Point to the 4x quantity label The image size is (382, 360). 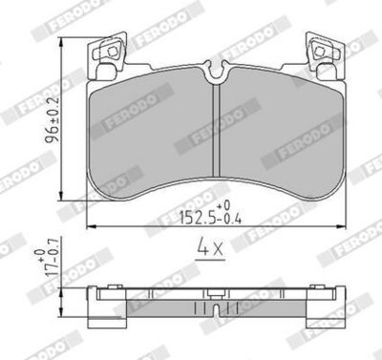[209, 251]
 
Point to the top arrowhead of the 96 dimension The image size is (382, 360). [62, 42]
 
